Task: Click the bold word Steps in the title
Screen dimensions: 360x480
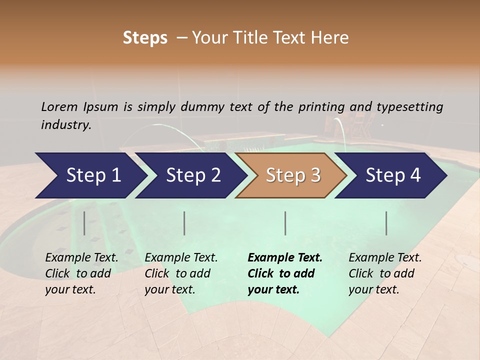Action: (145, 37)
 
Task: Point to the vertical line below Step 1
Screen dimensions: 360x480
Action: (84, 223)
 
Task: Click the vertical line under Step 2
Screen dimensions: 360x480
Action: (184, 223)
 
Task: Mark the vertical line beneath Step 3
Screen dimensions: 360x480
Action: (285, 223)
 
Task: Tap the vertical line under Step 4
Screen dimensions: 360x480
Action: (386, 223)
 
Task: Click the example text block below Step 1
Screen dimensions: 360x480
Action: (81, 273)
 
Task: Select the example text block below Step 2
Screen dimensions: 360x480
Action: (181, 273)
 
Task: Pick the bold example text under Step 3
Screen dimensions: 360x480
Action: (285, 273)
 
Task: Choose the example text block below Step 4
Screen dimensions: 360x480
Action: (385, 273)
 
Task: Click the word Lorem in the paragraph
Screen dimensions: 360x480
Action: (59, 106)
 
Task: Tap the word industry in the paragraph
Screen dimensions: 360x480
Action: (65, 125)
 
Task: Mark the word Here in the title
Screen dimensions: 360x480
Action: (332, 37)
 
